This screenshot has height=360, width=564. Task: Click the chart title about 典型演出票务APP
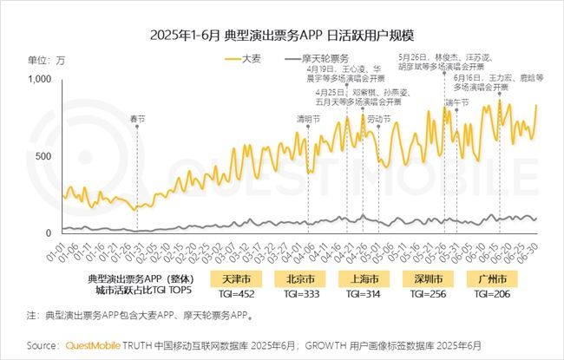[x=281, y=36]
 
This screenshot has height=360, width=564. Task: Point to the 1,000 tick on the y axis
[x=40, y=79]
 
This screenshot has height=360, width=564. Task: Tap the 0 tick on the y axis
[x=49, y=232]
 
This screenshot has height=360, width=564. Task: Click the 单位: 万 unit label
[x=46, y=60]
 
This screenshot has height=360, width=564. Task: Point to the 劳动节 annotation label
[x=378, y=118]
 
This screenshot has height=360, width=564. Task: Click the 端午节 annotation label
[x=457, y=101]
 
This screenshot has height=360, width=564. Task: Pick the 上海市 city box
[x=363, y=279]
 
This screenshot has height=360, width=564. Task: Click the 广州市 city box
[x=495, y=279]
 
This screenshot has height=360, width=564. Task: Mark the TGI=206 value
[x=495, y=294]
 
